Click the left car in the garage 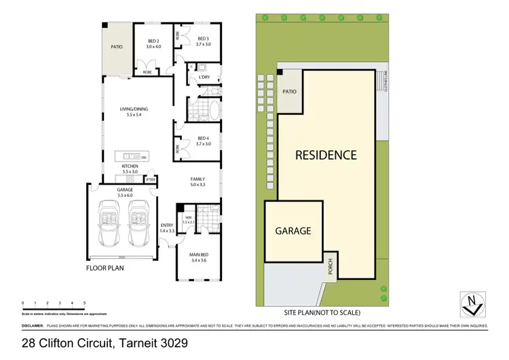pyautogui.click(x=110, y=224)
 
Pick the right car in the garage pyautogui.click(x=139, y=224)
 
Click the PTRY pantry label pyautogui.click(x=151, y=180)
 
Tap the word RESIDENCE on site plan pyautogui.click(x=325, y=155)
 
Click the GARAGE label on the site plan pyautogui.click(x=293, y=231)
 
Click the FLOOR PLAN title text pyautogui.click(x=105, y=268)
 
